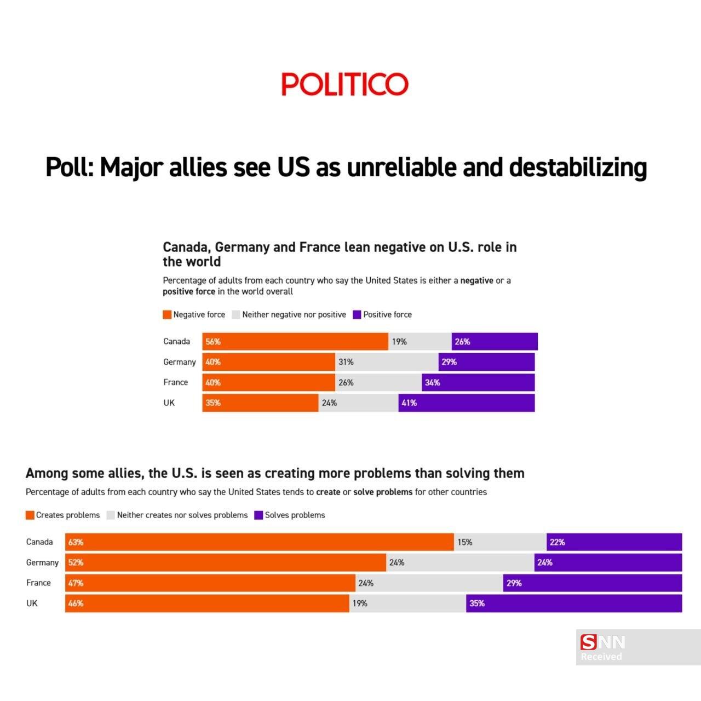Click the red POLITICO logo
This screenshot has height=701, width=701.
(x=344, y=84)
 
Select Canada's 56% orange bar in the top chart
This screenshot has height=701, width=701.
(x=295, y=341)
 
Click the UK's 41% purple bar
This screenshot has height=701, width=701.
(x=466, y=403)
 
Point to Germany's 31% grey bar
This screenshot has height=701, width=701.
(x=387, y=362)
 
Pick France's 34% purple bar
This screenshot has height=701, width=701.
(x=478, y=382)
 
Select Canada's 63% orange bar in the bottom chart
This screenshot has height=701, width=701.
(x=260, y=542)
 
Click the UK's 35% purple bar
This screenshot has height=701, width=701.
(x=574, y=604)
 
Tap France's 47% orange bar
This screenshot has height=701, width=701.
(x=210, y=583)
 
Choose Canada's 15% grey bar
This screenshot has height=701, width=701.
(x=500, y=542)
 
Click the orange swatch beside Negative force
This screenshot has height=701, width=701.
(x=167, y=315)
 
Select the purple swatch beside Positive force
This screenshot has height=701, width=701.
(x=357, y=315)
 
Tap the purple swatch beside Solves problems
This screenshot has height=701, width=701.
(x=258, y=515)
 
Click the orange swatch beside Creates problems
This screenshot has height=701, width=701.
(x=30, y=515)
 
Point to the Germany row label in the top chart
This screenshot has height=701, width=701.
(x=179, y=362)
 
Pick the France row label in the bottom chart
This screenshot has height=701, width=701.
(x=38, y=583)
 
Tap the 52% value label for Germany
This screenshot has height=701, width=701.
(x=76, y=562)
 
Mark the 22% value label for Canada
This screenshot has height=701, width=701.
(x=558, y=542)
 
